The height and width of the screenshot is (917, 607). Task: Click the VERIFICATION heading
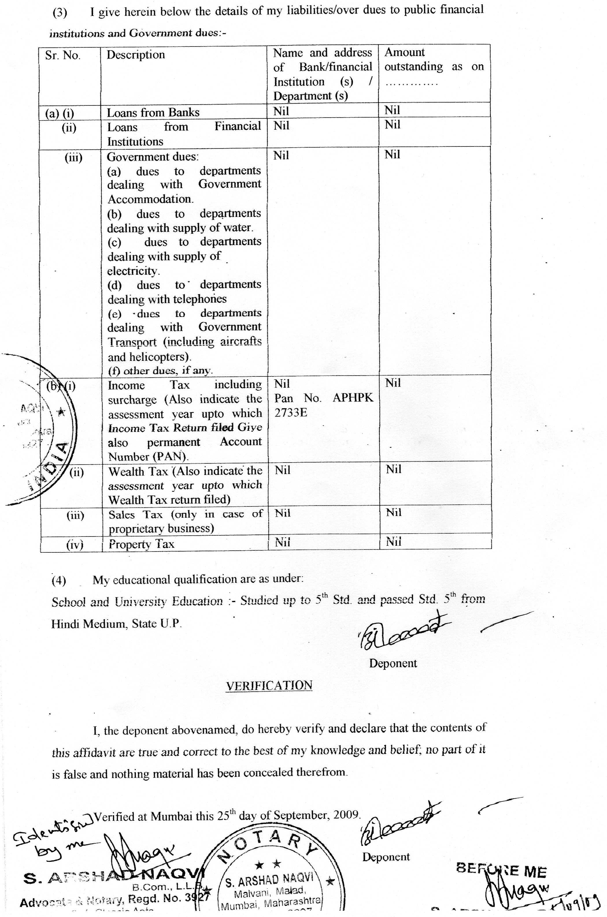click(x=269, y=685)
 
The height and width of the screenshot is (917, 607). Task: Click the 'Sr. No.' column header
click(x=63, y=55)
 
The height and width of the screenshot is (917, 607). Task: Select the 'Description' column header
click(x=136, y=55)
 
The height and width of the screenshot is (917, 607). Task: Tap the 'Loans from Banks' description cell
click(x=153, y=113)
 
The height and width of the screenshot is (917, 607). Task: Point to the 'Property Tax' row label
click(x=141, y=544)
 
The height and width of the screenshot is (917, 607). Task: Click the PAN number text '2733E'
click(x=291, y=413)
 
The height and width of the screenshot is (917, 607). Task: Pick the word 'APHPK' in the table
click(x=353, y=398)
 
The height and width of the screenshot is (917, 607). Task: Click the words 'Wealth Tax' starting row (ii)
click(x=138, y=472)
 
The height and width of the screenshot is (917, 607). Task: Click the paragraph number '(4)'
click(x=59, y=581)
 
